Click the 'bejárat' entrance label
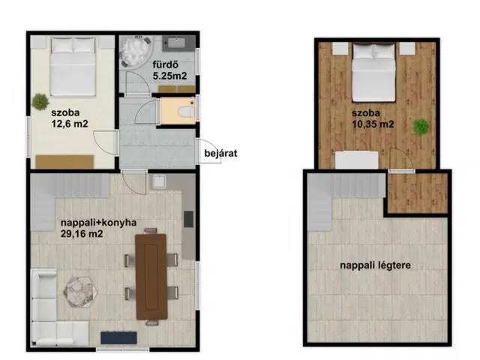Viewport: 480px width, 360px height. pyautogui.click(x=220, y=153)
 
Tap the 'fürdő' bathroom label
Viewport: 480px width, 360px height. pyautogui.click(x=166, y=64)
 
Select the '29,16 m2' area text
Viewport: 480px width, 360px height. pyautogui.click(x=82, y=234)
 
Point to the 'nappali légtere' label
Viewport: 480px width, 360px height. pyautogui.click(x=375, y=265)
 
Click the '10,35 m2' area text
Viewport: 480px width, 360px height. pyautogui.click(x=372, y=124)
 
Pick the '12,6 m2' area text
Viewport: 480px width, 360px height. pyautogui.click(x=70, y=123)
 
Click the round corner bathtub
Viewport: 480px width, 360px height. pyautogui.click(x=136, y=51)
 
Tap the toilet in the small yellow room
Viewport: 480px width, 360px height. pyautogui.click(x=187, y=111)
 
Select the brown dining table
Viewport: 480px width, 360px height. pyautogui.click(x=151, y=277)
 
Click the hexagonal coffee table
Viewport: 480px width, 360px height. pyautogui.click(x=81, y=292)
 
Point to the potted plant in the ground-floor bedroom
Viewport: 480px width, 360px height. pyautogui.click(x=40, y=101)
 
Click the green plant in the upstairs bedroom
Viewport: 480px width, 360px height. pyautogui.click(x=421, y=127)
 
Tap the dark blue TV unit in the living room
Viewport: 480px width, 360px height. pyautogui.click(x=118, y=337)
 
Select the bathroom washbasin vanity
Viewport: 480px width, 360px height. pyautogui.click(x=178, y=43)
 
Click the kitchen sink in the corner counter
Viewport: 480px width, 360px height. pyautogui.click(x=159, y=181)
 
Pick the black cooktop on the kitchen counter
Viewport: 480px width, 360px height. pyautogui.click(x=188, y=219)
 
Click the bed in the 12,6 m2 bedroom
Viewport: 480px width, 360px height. pyautogui.click(x=73, y=66)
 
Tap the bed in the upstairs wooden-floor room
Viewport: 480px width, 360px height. pyautogui.click(x=373, y=72)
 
